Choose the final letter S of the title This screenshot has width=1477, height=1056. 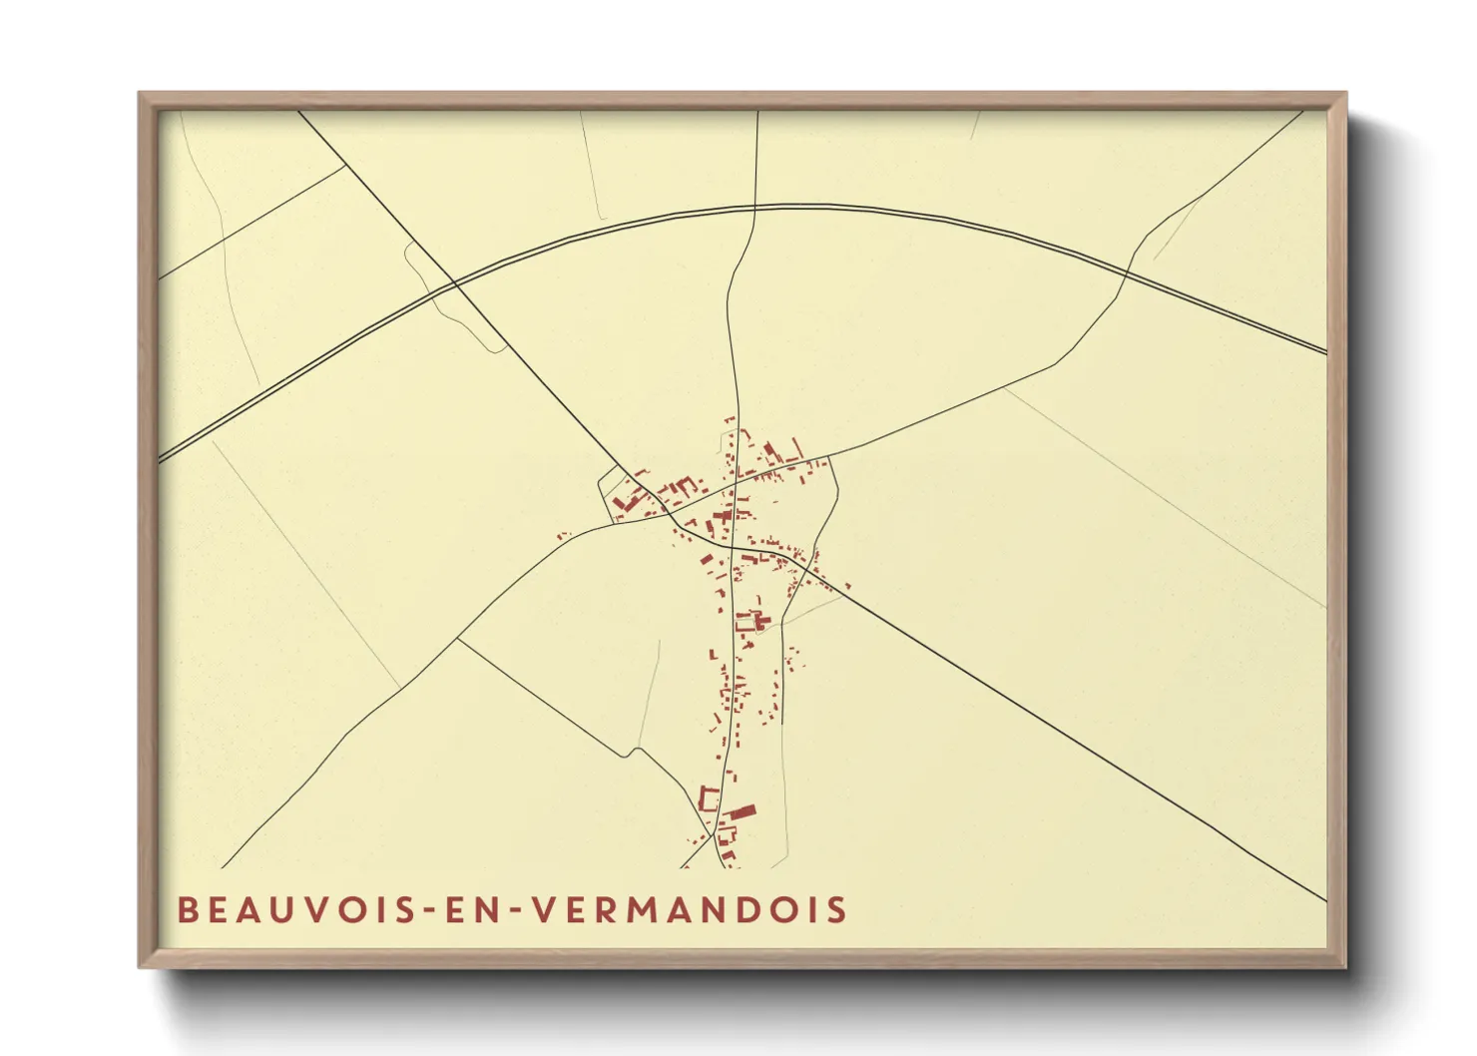tap(836, 910)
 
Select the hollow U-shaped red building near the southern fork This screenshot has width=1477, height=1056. tap(710, 798)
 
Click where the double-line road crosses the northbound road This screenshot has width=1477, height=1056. tap(755, 208)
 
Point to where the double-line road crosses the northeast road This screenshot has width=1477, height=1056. tap(1127, 270)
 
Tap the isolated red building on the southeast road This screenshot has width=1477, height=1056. tap(847, 587)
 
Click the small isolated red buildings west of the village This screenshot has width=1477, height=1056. tap(562, 536)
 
